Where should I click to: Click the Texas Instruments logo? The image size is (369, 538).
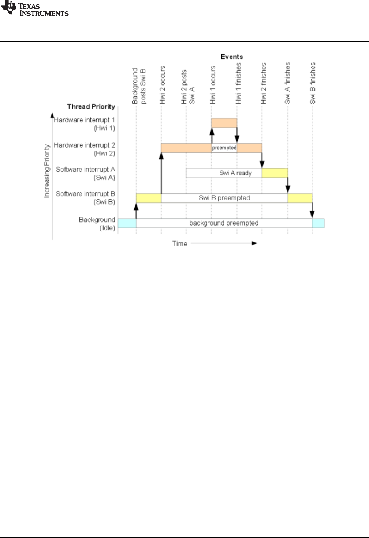[x=35, y=9]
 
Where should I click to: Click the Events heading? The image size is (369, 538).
[x=231, y=57]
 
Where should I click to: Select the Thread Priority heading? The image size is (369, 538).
[x=91, y=107]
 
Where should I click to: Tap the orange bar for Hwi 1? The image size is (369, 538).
[x=224, y=123]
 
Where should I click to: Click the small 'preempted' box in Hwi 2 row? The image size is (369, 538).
[x=224, y=148]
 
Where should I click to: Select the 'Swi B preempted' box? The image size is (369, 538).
[x=224, y=198]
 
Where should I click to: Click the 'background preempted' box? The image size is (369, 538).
[x=224, y=223]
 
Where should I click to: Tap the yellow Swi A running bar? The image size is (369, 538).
[x=275, y=173]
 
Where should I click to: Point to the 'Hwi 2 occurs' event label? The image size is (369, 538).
[x=163, y=85]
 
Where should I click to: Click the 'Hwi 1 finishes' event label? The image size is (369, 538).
[x=238, y=83]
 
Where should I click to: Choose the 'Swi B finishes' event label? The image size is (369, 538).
[x=313, y=83]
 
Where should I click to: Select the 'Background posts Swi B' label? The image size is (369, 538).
[x=139, y=86]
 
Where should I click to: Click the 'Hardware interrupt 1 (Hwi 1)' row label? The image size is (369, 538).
[x=85, y=124]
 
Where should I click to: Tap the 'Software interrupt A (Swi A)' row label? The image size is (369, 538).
[x=86, y=173]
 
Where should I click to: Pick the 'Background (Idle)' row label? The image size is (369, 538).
[x=97, y=224]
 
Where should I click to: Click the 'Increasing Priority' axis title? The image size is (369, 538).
[x=47, y=171]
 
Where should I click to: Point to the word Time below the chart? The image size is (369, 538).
[x=180, y=243]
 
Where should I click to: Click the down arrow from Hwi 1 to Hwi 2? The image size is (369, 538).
[x=237, y=134]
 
